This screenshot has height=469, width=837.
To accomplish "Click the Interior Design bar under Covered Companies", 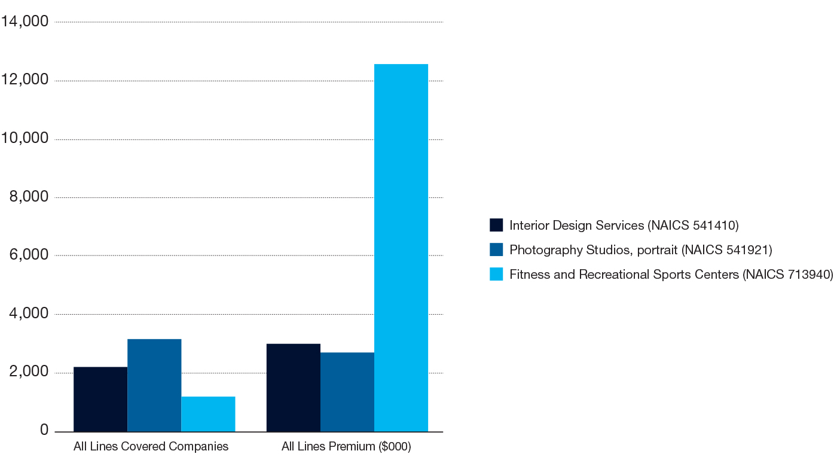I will [100, 399].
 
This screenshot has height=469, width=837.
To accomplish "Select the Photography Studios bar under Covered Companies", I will [154, 385].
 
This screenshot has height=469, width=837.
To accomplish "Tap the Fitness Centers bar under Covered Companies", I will [208, 414].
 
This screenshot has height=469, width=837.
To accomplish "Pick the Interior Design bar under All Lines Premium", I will [294, 388].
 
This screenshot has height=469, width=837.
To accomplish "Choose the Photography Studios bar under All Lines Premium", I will [347, 392].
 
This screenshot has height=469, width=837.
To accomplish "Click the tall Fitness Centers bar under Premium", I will [401, 248].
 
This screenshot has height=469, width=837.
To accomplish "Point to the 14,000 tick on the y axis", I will [25, 22].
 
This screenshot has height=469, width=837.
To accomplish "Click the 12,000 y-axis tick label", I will [25, 81].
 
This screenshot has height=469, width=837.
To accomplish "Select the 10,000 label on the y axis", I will [25, 139].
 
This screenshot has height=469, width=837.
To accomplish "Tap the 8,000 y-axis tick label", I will [29, 197].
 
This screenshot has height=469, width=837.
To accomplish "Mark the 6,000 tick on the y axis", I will [29, 255].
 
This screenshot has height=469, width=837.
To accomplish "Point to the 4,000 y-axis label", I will [29, 314].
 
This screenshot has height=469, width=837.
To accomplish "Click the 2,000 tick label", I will [29, 372].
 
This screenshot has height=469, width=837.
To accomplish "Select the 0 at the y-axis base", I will [44, 431].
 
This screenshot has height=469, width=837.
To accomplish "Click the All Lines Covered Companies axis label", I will [151, 447].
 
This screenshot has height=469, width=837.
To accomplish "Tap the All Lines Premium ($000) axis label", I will [347, 447].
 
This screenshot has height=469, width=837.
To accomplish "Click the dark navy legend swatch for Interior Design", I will [496, 225].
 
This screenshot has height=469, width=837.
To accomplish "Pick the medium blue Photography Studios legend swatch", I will [496, 249].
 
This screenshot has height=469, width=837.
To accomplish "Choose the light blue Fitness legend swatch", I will [496, 274].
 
